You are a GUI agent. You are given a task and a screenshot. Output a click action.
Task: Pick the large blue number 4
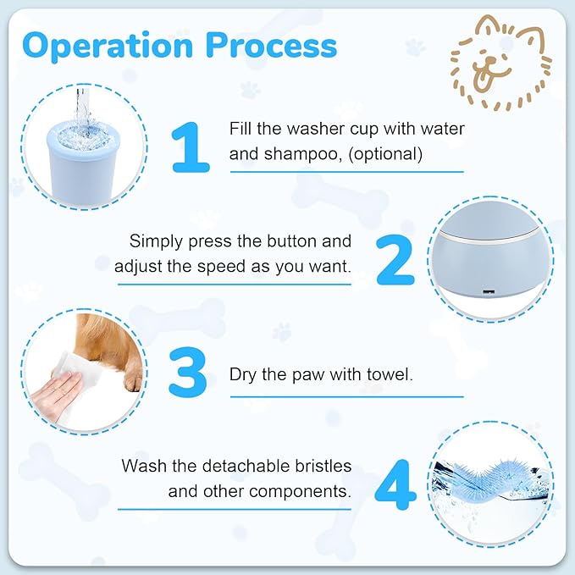[x=395, y=485]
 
